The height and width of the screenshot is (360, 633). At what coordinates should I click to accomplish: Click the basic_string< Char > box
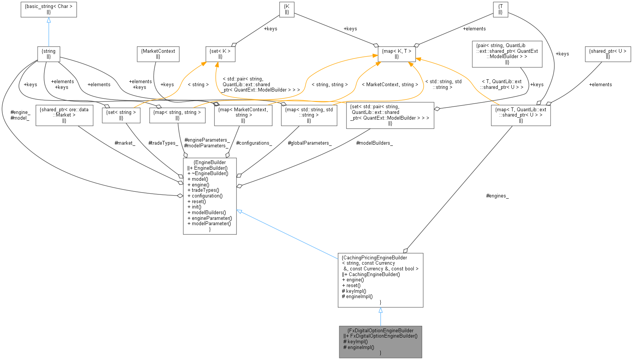click(49, 9)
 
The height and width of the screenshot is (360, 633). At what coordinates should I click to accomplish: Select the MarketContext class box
click(158, 54)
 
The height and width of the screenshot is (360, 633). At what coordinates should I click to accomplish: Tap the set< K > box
click(220, 54)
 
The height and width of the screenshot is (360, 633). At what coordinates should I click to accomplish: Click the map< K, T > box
click(397, 54)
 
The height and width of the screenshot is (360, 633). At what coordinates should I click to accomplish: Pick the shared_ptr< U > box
click(608, 54)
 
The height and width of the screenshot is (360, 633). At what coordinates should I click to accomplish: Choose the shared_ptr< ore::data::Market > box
click(64, 115)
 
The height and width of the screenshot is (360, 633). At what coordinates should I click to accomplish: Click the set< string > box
click(121, 115)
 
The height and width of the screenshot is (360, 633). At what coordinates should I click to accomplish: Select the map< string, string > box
click(177, 115)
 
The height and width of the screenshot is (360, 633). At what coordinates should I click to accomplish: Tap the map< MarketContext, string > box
click(243, 115)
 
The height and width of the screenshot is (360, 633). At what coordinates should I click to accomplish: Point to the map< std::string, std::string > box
click(309, 115)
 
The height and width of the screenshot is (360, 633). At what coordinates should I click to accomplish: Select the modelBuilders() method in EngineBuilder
click(209, 213)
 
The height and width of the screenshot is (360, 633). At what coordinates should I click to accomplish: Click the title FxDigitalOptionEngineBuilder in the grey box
click(380, 330)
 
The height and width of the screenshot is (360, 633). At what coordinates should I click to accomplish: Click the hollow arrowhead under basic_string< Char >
click(49, 21)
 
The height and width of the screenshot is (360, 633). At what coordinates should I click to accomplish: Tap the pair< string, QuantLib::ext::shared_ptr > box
click(507, 54)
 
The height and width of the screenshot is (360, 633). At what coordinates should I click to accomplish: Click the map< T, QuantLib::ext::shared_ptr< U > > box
click(521, 115)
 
